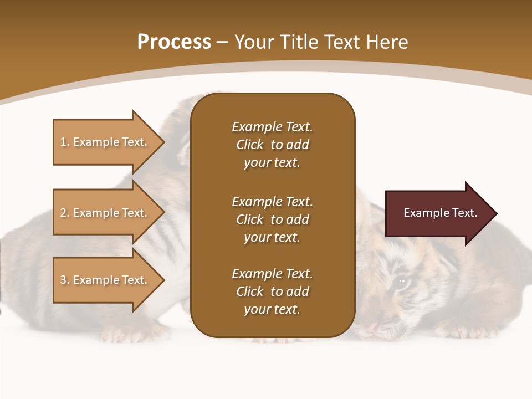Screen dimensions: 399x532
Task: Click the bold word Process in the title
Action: pyautogui.click(x=174, y=42)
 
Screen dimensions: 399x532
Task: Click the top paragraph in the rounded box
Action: pyautogui.click(x=272, y=145)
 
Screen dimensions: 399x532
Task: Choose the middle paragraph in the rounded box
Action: pyautogui.click(x=272, y=219)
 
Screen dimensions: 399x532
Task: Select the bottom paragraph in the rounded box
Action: pyautogui.click(x=272, y=291)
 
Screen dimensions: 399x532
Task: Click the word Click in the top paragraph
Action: pyautogui.click(x=249, y=145)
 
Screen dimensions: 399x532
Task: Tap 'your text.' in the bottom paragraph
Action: pyautogui.click(x=272, y=309)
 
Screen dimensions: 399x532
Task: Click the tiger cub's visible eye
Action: pyautogui.click(x=401, y=282)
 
